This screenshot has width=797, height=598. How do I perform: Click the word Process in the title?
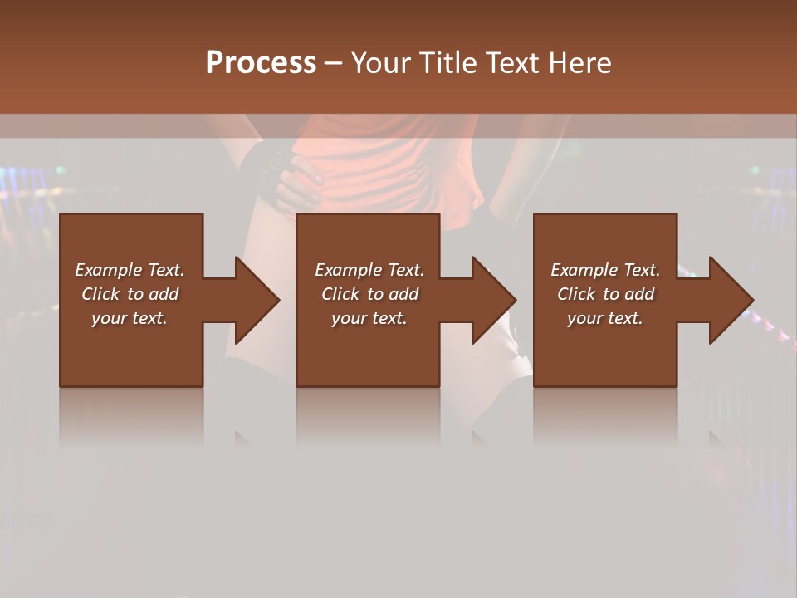coord(261,63)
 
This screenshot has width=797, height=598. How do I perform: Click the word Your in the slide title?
coord(381,63)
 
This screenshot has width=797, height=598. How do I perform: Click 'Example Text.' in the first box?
coord(130,270)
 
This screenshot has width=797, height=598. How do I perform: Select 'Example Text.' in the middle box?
coord(369,270)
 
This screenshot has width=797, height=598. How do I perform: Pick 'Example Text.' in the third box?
coord(605,270)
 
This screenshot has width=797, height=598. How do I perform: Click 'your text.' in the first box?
coord(130,318)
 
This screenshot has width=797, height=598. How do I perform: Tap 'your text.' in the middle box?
coord(369,318)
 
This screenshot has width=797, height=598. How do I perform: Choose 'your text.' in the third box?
coord(605,318)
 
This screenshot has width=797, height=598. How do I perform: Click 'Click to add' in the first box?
coord(130,294)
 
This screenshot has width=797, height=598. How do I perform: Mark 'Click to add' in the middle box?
coord(369,294)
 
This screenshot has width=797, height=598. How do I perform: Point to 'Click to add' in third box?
coord(605,294)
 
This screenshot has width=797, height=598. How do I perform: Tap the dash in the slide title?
coord(334,64)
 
